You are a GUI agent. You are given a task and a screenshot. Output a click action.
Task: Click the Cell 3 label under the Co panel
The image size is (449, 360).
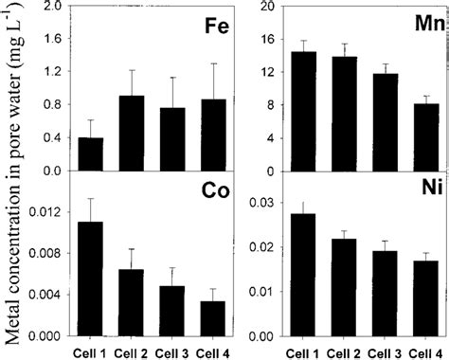(x=173, y=351)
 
